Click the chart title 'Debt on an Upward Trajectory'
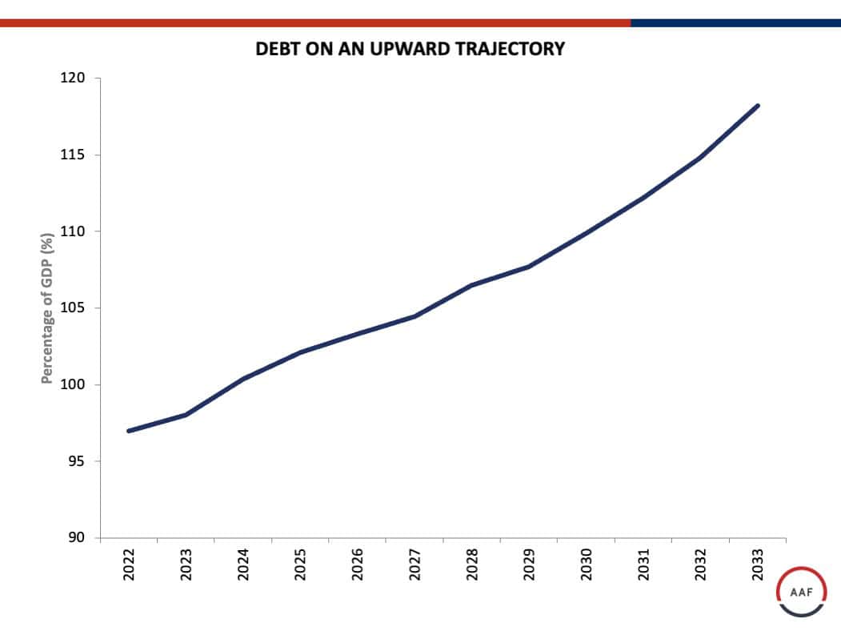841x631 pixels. (x=410, y=49)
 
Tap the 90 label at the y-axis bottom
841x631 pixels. (x=78, y=538)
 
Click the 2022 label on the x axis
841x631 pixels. (x=130, y=565)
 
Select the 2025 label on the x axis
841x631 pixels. (x=301, y=565)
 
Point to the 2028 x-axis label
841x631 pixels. (x=472, y=565)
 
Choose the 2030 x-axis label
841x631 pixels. (x=587, y=565)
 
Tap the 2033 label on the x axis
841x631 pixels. (x=758, y=565)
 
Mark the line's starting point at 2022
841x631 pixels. (x=129, y=431)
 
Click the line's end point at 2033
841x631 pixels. (x=758, y=106)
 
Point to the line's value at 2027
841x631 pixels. (x=414, y=316)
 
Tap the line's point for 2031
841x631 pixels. (x=643, y=197)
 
